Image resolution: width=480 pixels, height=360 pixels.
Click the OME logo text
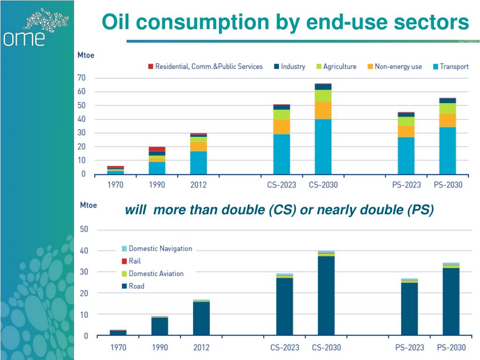point(24,38)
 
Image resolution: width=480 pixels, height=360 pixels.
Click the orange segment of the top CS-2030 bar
point(323,110)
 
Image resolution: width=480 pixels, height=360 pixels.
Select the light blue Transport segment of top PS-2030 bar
point(447,150)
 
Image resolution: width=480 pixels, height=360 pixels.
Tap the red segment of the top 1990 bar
point(157,149)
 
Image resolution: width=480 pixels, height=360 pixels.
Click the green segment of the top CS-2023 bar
point(282,114)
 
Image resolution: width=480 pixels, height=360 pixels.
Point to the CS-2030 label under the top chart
point(323,185)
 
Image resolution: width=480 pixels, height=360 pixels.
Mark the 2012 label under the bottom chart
point(202,347)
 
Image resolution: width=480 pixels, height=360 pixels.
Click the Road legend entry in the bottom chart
point(136,286)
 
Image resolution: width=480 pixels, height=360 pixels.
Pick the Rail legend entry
point(135,261)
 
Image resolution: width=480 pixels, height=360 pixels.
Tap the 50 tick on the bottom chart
point(84,230)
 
